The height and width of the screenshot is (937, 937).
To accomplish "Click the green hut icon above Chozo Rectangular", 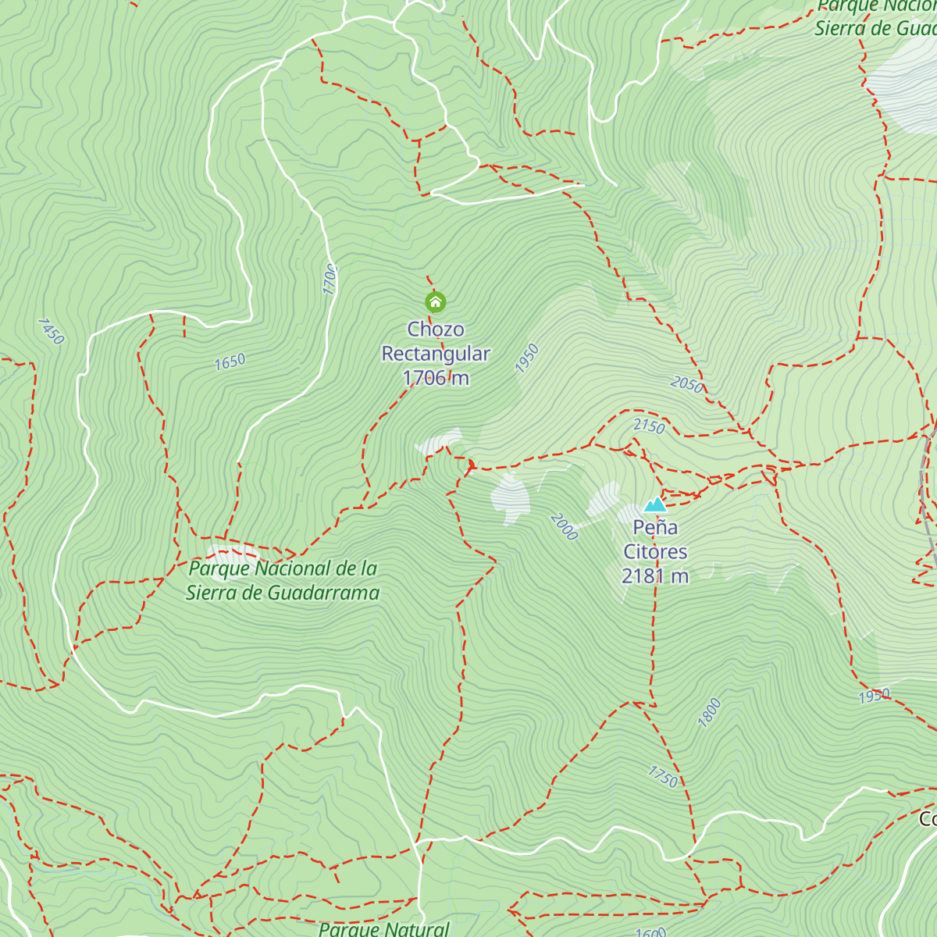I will pos(435,301).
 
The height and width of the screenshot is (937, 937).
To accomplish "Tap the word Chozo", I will pos(435,330).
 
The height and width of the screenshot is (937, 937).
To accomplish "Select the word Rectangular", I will pos(435,354).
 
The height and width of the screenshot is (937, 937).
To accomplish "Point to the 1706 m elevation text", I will pos(435,378).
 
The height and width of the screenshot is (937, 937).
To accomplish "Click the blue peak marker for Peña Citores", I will pos(655,504).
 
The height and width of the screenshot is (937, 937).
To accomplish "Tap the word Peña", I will pos(655,528).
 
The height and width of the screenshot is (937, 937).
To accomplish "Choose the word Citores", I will pos(655,552).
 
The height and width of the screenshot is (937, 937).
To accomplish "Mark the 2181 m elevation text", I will pos(655,576).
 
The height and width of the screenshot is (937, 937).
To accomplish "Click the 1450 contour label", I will pos(51,331).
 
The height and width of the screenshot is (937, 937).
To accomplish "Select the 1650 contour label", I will pos(230,362).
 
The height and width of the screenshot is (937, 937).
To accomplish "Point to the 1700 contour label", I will pos(330,280).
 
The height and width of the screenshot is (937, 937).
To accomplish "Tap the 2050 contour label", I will pos(687,383).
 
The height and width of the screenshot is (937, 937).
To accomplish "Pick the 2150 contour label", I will pos(649,426).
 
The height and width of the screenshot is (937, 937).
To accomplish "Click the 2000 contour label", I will pos(564,526).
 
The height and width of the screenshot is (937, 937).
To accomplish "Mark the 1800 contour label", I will pos(709,712).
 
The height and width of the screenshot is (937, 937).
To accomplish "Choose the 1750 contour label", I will pos(663,776).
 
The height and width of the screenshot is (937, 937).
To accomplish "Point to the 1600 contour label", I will pos(650,932).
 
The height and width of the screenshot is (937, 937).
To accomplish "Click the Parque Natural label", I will pos(384,928).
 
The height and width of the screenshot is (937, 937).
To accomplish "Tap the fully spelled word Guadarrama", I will pos(323,593).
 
